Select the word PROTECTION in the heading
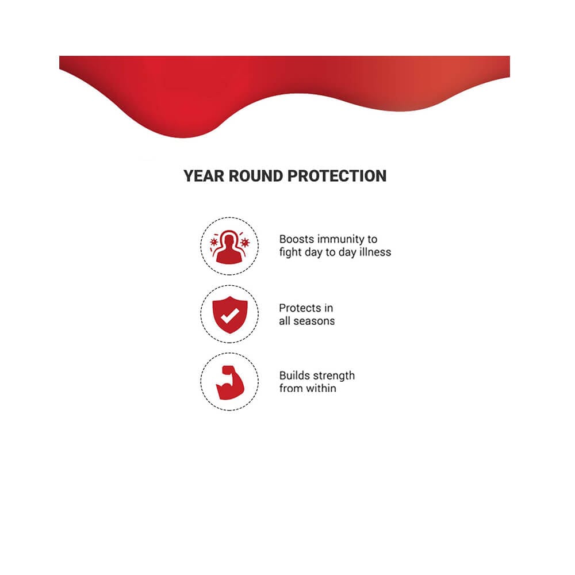click(337, 176)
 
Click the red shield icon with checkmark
click(230, 315)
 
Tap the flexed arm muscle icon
click(230, 382)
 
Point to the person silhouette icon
click(229, 247)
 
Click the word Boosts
click(296, 239)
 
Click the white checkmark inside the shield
click(230, 316)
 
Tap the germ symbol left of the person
click(213, 242)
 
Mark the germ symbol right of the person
click(245, 243)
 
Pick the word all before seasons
click(285, 321)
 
